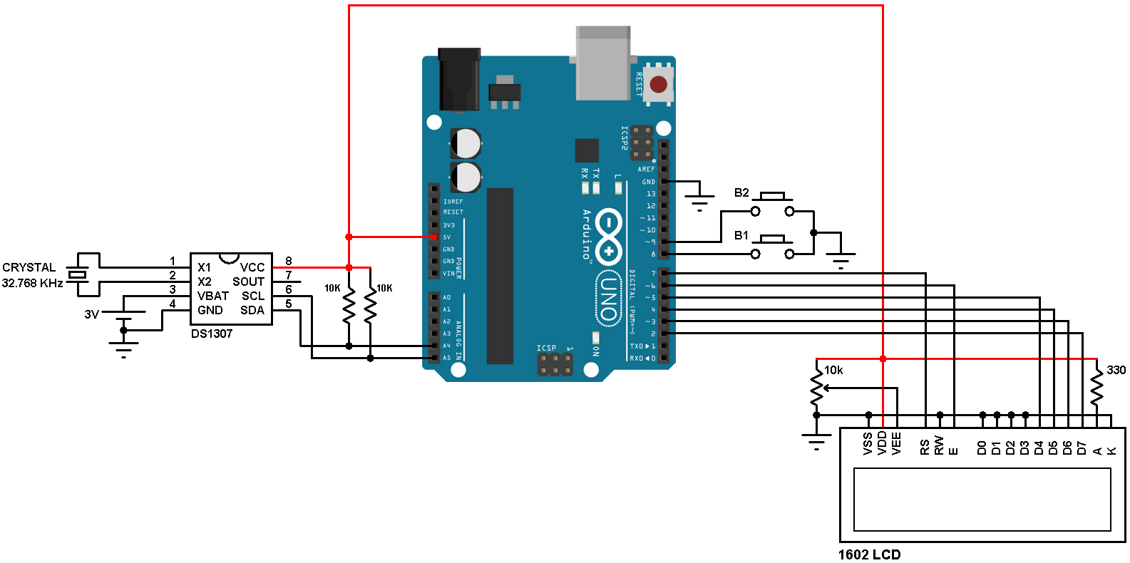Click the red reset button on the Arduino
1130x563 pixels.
coord(658,85)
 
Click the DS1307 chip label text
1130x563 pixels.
coord(212,334)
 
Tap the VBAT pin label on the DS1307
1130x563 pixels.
coord(213,296)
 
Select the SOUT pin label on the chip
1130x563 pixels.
coord(248,281)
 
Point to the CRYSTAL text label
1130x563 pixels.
coord(29,267)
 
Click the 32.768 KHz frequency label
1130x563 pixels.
coord(32,283)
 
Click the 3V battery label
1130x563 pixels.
coord(91,314)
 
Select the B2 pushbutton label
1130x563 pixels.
coord(741,192)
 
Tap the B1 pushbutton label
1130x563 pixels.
coord(741,235)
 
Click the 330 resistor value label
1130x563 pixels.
coord(1116,370)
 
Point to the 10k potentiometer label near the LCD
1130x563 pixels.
coord(833,370)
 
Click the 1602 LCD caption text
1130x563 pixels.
coord(869,554)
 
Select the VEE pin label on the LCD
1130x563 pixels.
coord(897,443)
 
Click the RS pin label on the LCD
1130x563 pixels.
coord(925,447)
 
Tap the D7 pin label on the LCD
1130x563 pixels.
coord(1082,448)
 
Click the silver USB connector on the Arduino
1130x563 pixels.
coord(603,63)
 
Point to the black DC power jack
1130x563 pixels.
coord(458,79)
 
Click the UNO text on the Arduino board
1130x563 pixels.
coord(607,298)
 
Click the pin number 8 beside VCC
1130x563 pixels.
coord(288,261)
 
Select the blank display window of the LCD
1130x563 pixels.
coord(982,499)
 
